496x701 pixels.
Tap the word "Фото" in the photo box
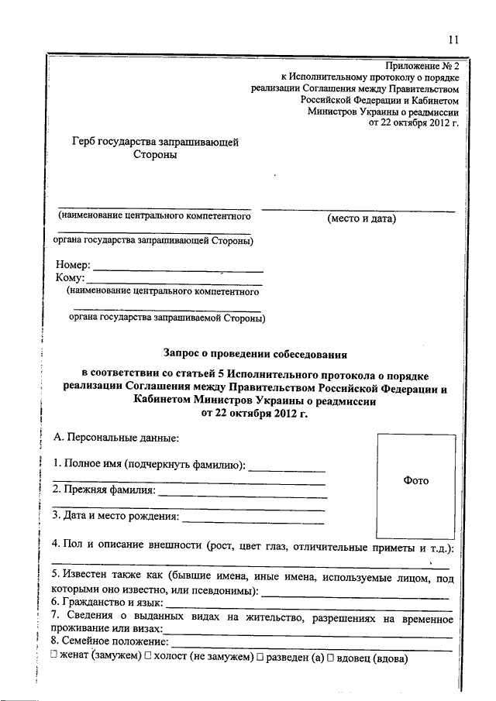click(415, 480)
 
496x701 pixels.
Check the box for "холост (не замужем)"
click(148, 657)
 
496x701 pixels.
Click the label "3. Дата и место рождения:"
click(115, 516)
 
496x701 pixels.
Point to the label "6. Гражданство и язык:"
click(108, 602)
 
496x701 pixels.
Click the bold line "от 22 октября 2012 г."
click(255, 414)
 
